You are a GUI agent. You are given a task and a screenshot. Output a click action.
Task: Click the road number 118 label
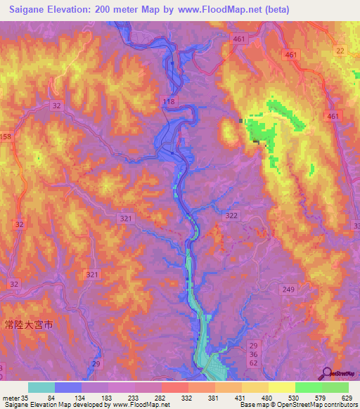coord(167,103)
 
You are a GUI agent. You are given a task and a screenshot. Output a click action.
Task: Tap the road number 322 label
coord(232,214)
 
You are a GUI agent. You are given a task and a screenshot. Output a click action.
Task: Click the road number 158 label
coord(6,136)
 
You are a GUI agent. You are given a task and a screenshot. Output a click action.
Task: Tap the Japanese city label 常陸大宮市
coord(27,307)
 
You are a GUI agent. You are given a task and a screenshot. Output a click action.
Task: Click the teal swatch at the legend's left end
coord(41,387)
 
